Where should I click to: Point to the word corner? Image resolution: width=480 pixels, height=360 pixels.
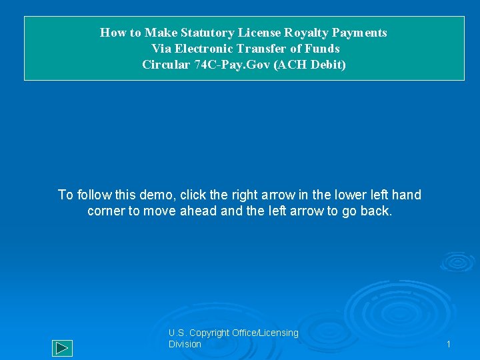pyautogui.click(x=105, y=211)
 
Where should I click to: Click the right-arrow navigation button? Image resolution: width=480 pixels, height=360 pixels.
pyautogui.click(x=62, y=348)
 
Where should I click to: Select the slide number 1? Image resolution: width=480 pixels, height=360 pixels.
pyautogui.click(x=449, y=344)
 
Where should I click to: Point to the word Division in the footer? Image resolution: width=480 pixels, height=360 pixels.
pyautogui.click(x=185, y=344)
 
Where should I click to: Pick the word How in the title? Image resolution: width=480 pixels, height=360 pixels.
pyautogui.click(x=111, y=33)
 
